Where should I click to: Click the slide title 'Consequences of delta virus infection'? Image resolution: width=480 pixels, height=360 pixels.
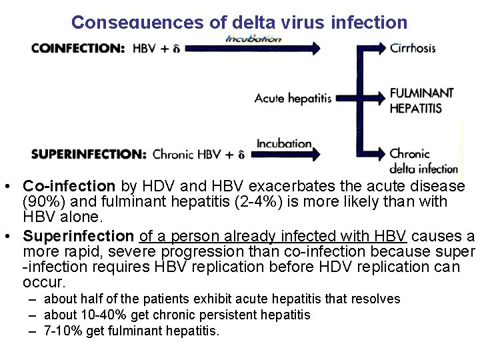239,22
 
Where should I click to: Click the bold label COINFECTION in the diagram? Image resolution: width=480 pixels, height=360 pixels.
77,48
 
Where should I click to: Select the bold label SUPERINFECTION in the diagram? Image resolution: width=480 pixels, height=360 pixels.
88,154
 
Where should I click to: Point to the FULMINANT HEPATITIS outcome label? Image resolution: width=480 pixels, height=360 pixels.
421,100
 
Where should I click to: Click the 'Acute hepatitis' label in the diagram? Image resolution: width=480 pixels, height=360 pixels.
293,99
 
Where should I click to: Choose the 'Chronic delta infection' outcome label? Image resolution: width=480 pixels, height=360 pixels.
423,161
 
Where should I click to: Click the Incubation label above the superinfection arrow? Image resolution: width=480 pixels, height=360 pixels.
284,143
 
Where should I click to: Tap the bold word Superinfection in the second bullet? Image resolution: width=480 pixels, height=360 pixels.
78,236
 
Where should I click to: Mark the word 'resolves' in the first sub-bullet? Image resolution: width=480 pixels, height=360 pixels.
377,299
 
